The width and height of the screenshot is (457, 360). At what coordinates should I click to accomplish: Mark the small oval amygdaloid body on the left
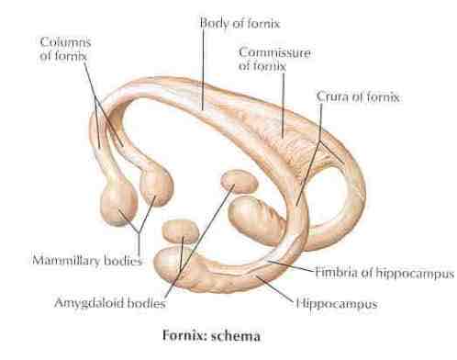pyautogui.click(x=182, y=229)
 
